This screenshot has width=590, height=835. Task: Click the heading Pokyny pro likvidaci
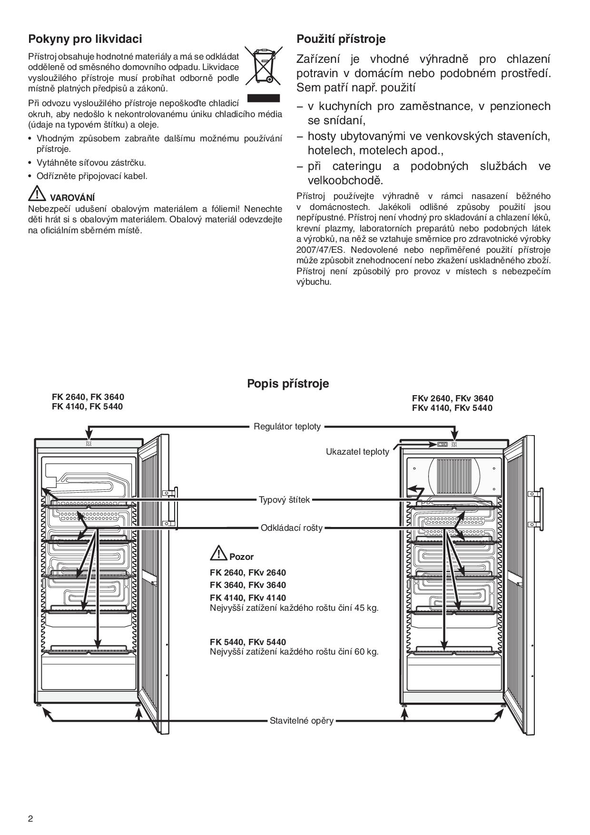pyautogui.click(x=85, y=39)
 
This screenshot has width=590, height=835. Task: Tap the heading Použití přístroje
pyautogui.click(x=341, y=39)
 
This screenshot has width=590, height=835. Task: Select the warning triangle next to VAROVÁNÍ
pyautogui.click(x=37, y=193)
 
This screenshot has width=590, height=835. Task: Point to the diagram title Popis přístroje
pyautogui.click(x=288, y=383)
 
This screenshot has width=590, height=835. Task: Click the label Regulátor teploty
pyautogui.click(x=287, y=426)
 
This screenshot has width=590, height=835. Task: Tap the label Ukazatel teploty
pyautogui.click(x=357, y=451)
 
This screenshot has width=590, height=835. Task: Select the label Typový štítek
pyautogui.click(x=284, y=499)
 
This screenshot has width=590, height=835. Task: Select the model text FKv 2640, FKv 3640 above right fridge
pyautogui.click(x=452, y=398)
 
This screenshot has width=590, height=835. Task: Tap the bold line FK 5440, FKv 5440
pyautogui.click(x=248, y=642)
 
